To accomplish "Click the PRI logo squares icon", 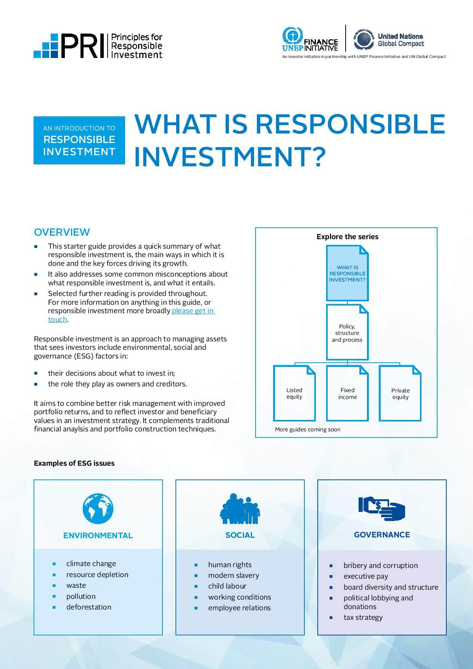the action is coord(46,46).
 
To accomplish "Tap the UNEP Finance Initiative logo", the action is coord(310,39).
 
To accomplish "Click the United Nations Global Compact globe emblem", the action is coord(363,39).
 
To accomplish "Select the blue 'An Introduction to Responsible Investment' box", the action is coord(79,140).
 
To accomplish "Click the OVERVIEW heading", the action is coord(62,232).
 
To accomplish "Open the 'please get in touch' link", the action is coord(132,315).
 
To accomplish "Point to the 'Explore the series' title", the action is coord(348,236).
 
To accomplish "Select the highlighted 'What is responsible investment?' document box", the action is coord(348,273).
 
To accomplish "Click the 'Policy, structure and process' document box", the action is coord(348,332).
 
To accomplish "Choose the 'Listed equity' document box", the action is coord(294,393).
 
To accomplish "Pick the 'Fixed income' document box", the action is coord(348,393).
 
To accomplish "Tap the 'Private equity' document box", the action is coord(400,393).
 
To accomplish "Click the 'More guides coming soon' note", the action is coord(307,429).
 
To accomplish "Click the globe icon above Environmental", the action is coord(98,508).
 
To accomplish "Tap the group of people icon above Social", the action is coord(240,509).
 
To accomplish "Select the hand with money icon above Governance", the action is coord(381,508).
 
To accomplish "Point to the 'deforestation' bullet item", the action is coord(88,607).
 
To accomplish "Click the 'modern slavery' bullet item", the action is coord(233,575).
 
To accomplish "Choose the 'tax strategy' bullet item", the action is coord(363,617).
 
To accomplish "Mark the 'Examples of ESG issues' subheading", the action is coord(74,463).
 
